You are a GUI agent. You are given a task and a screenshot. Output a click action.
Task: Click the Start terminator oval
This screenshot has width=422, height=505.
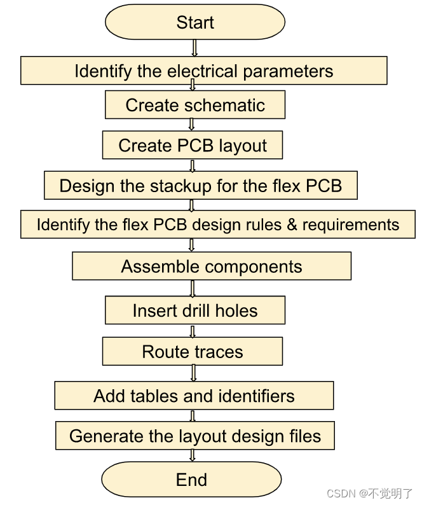click(194, 23)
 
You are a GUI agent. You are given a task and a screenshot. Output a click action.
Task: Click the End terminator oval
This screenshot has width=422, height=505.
click(191, 479)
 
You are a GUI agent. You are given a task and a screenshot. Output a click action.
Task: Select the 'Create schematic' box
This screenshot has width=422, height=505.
click(194, 105)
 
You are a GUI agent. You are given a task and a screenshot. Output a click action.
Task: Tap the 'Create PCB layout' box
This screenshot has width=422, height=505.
click(192, 146)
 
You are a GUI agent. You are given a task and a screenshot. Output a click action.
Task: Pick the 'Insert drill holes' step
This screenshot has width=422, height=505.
click(194, 311)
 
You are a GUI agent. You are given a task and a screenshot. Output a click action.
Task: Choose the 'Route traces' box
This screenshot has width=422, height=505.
click(192, 352)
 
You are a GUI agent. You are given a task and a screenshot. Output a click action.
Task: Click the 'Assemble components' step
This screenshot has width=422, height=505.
click(211, 266)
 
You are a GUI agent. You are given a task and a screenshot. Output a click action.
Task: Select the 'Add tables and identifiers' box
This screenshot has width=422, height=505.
click(194, 396)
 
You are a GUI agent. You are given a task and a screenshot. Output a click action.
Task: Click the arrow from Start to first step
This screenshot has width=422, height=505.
click(194, 48)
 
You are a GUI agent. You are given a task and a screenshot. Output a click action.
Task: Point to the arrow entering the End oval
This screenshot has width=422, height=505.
click(192, 455)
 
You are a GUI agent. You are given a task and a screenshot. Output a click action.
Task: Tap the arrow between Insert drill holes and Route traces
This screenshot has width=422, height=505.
click(192, 331)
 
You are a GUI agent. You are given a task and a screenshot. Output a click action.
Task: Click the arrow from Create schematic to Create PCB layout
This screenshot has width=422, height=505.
click(192, 125)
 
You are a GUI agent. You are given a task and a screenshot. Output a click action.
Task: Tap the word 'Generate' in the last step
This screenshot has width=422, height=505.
click(99, 436)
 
